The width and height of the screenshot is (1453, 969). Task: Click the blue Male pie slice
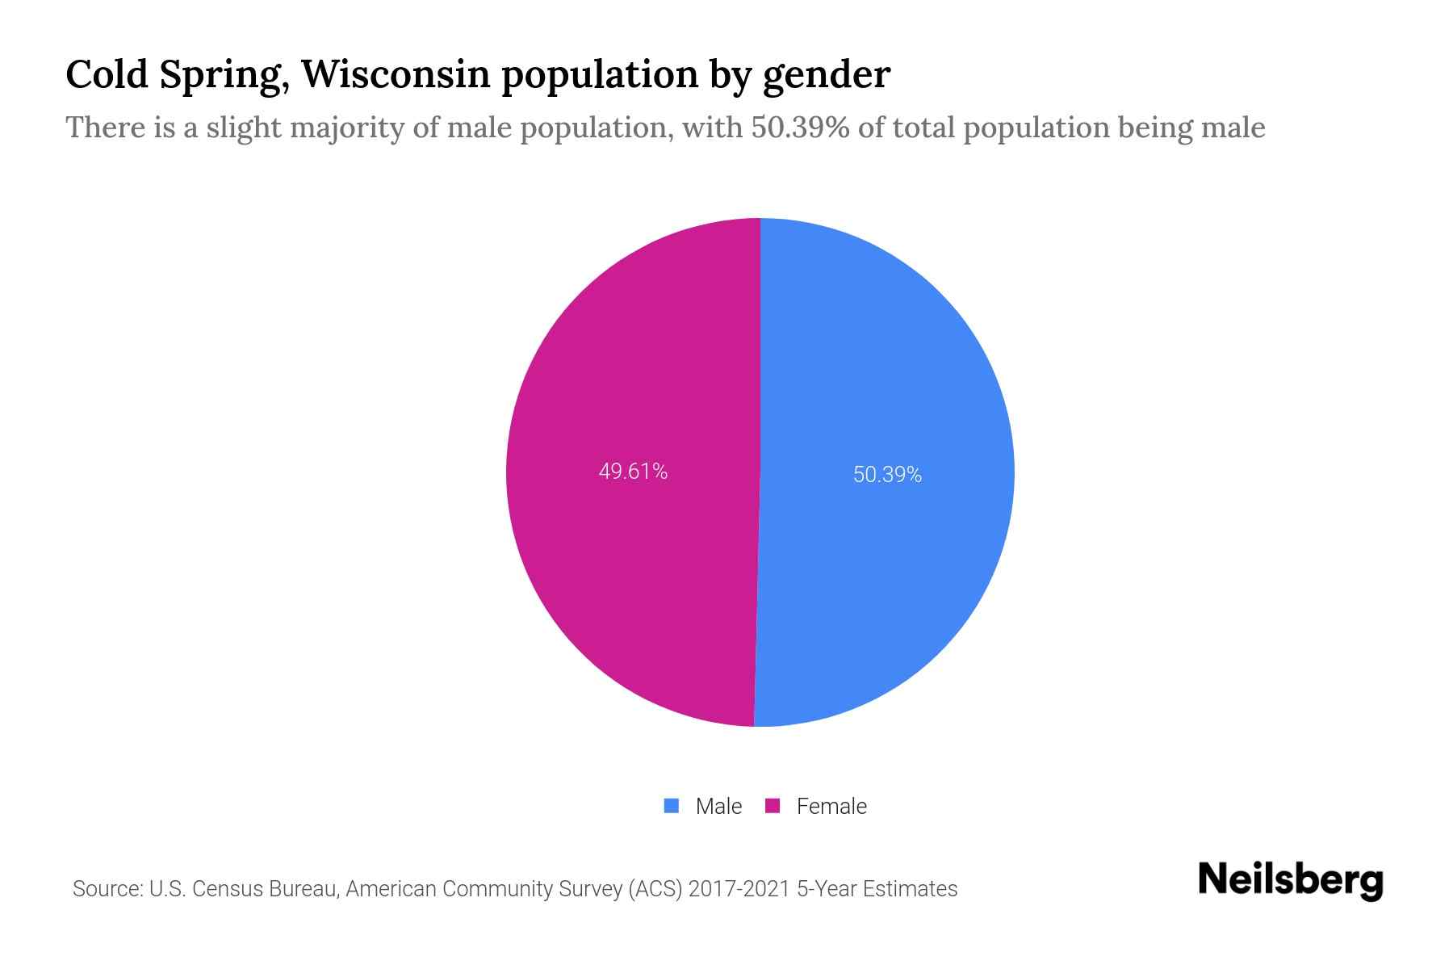tap(888, 363)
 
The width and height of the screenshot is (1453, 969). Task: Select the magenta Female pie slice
tap(630, 363)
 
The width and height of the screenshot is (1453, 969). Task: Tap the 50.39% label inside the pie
tap(887, 475)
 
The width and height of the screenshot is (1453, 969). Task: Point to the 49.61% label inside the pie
tap(633, 472)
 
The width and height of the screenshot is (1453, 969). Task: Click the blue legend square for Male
tap(671, 806)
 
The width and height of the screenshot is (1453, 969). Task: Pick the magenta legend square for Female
tap(773, 806)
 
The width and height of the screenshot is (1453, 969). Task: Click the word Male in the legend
tap(718, 807)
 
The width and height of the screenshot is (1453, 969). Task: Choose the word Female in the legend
tap(831, 807)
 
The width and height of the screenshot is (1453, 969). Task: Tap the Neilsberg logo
tap(1291, 881)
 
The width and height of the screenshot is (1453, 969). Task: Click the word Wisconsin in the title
tap(396, 74)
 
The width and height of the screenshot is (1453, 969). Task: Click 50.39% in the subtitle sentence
tap(800, 128)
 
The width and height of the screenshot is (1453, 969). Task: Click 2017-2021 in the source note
tap(739, 889)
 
